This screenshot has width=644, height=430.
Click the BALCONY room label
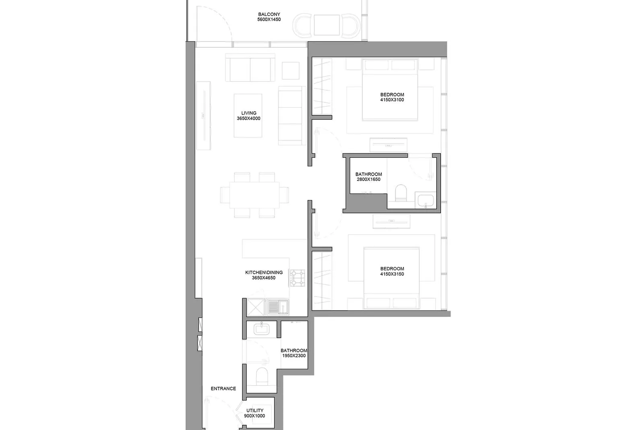269,14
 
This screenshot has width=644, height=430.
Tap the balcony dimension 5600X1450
269,19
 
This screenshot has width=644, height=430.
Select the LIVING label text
249,113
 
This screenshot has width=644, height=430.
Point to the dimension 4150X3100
392,100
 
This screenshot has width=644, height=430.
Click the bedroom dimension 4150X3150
392,274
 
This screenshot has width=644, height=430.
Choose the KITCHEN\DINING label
264,272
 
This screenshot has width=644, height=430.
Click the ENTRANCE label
223,388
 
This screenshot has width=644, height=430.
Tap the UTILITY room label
255,410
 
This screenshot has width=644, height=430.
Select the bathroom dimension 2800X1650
368,179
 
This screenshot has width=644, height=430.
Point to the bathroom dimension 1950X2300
294,356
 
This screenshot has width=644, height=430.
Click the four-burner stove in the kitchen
297,278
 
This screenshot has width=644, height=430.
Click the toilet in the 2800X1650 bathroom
401,193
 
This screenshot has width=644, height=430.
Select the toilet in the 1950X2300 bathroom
262,376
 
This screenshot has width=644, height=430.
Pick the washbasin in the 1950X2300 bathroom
261,329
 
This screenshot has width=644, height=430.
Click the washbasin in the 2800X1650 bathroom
425,200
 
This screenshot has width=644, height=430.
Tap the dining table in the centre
254,195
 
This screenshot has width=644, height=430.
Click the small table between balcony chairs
326,25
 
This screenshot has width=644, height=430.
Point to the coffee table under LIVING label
248,115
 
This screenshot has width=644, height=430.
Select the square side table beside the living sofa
290,71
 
